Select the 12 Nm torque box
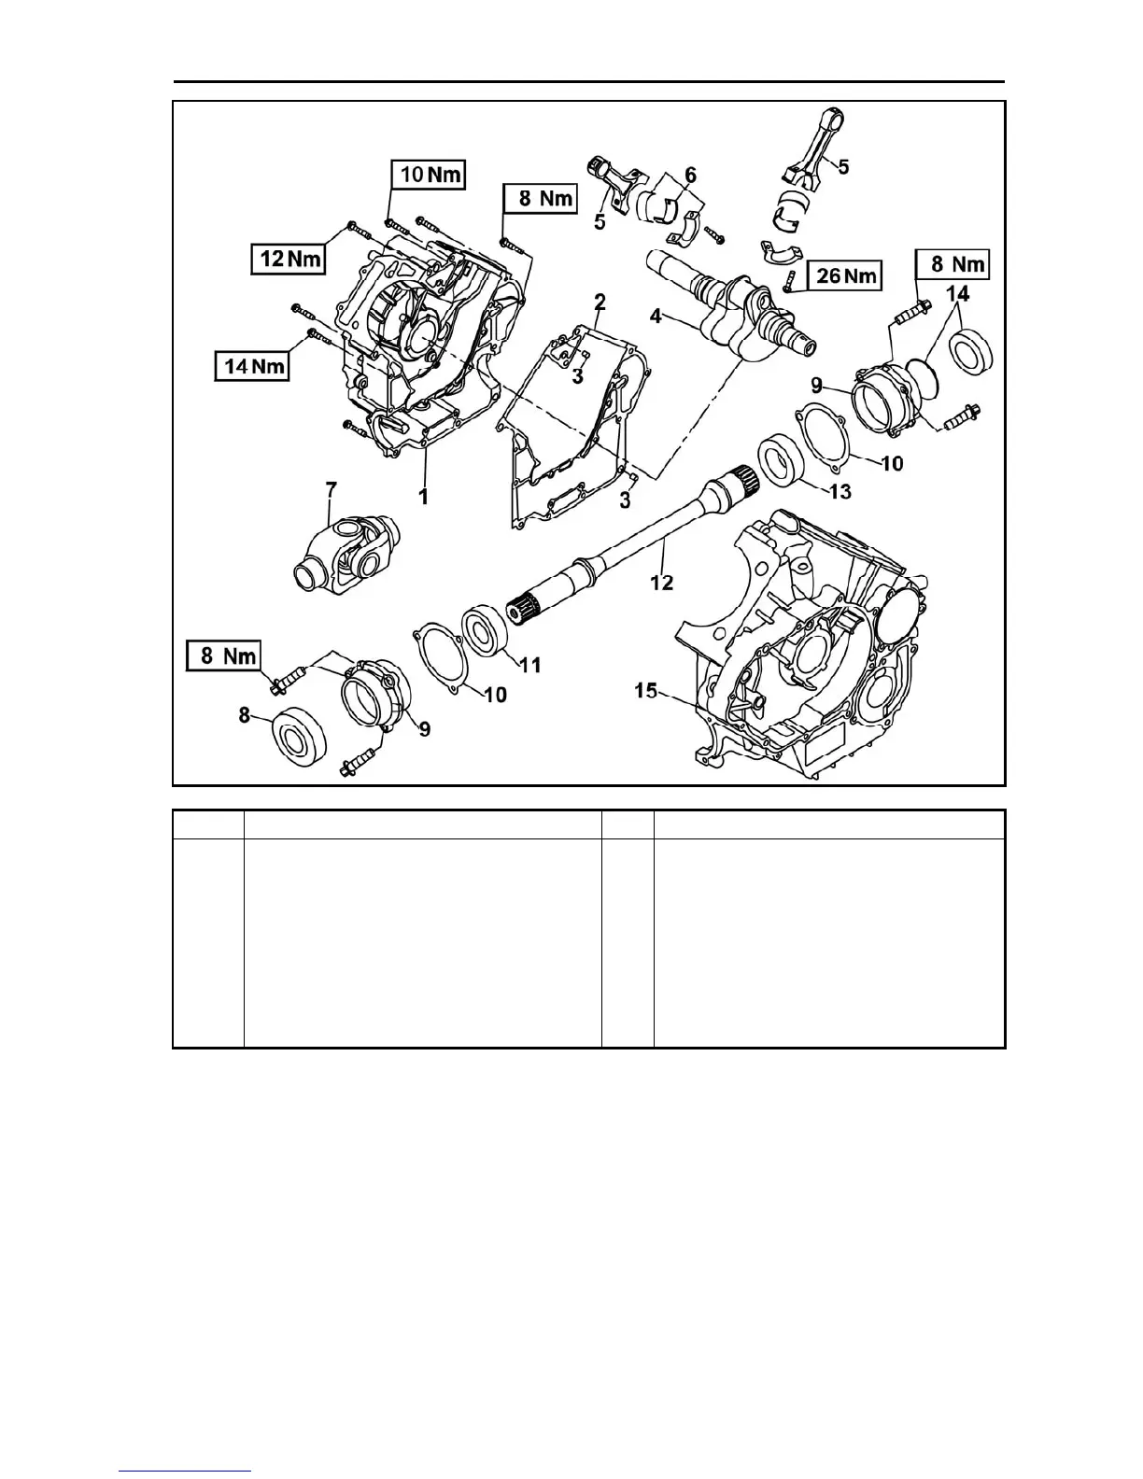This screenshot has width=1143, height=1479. [x=288, y=259]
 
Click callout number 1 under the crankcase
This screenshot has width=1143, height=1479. [x=423, y=497]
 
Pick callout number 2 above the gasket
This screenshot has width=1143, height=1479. [x=600, y=302]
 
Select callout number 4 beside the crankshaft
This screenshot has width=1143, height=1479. [x=656, y=317]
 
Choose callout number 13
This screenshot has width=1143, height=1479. [x=840, y=491]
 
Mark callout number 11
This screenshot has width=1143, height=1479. [x=529, y=665]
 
